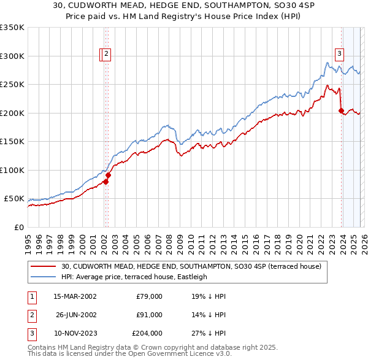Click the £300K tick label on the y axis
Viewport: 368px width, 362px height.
[x=12, y=56]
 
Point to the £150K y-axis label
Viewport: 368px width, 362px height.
[x=12, y=141]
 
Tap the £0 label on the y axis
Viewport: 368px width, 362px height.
[x=18, y=227]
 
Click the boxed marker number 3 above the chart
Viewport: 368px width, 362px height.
[x=339, y=53]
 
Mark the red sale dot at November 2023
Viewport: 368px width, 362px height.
[x=341, y=111]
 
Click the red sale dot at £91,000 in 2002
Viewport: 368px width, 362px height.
[x=108, y=175]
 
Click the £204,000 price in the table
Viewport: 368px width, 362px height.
[x=147, y=333]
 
